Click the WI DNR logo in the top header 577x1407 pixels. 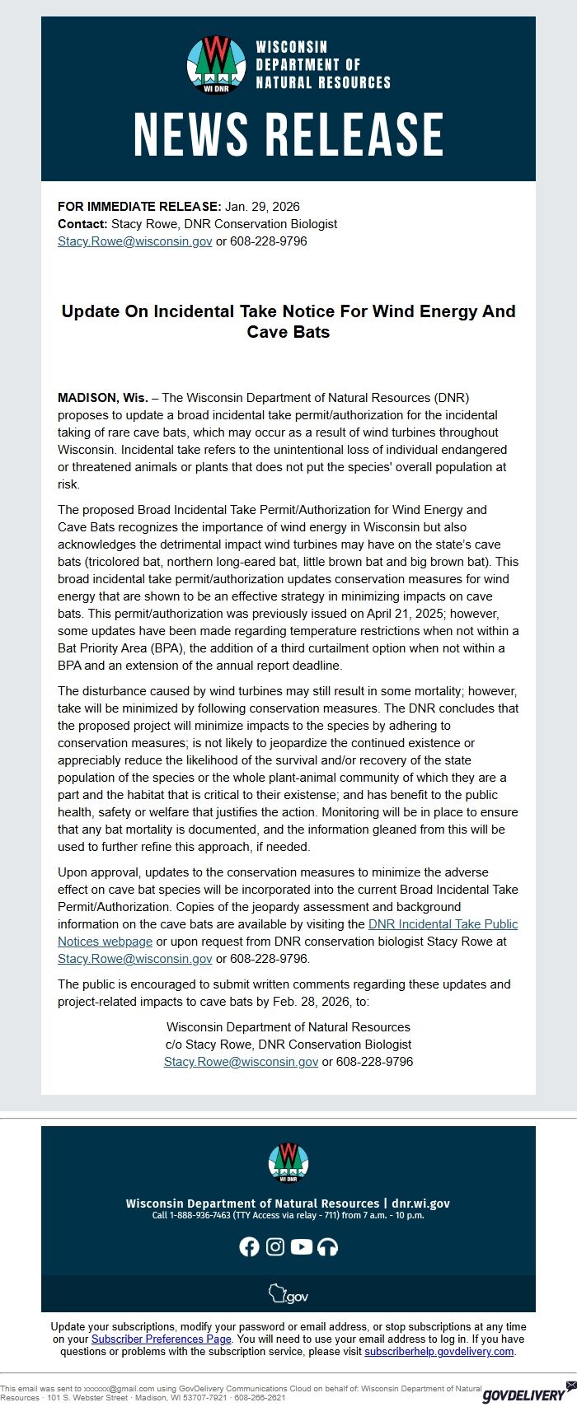[217, 64]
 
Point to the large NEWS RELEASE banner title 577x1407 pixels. [288, 134]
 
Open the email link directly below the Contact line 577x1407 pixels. [135, 241]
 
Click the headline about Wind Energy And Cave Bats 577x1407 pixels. [288, 321]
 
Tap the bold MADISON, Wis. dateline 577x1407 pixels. [103, 397]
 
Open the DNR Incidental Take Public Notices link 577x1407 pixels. [443, 924]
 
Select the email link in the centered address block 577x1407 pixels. [241, 1062]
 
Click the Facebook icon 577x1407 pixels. [249, 1246]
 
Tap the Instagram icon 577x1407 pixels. [275, 1246]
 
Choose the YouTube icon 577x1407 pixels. [302, 1246]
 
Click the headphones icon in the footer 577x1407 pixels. [328, 1246]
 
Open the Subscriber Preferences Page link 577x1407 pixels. [162, 1339]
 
